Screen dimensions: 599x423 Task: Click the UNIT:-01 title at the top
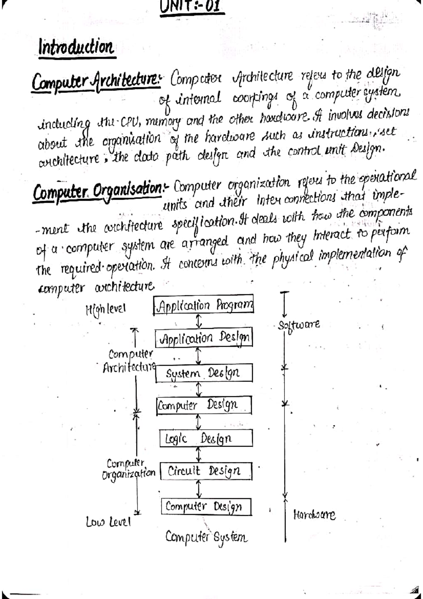(192, 6)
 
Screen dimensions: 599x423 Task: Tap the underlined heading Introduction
(76, 47)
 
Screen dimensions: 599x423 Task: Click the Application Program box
(204, 304)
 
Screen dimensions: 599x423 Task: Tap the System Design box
(204, 373)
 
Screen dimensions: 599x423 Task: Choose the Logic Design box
(206, 438)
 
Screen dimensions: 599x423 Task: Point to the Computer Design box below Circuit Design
(206, 507)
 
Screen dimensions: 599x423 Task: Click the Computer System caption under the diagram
(206, 537)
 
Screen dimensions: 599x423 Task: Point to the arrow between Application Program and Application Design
(199, 321)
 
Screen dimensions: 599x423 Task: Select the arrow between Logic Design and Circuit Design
(199, 454)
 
